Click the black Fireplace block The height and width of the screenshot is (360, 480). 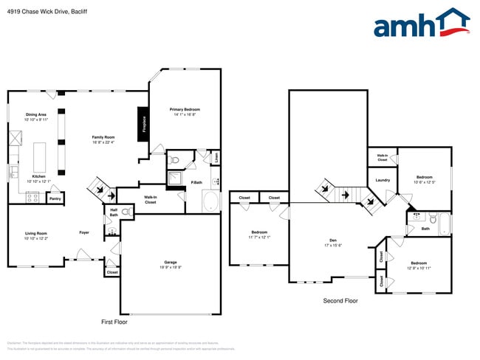pyautogui.click(x=141, y=123)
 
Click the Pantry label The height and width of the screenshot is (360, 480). pyautogui.click(x=55, y=198)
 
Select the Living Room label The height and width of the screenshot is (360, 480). pyautogui.click(x=35, y=235)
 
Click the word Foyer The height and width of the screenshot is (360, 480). pyautogui.click(x=85, y=232)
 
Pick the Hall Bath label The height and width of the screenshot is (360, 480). pyautogui.click(x=114, y=212)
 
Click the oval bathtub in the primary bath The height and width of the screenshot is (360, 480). pyautogui.click(x=210, y=201)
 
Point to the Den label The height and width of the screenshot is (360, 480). pyautogui.click(x=334, y=243)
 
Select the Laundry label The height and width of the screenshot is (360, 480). pyautogui.click(x=383, y=180)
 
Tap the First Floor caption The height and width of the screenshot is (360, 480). pyautogui.click(x=114, y=322)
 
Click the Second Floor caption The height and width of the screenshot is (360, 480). pyautogui.click(x=340, y=301)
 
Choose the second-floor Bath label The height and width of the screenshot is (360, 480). pyautogui.click(x=425, y=229)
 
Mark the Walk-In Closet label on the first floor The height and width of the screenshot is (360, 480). pyautogui.click(x=150, y=200)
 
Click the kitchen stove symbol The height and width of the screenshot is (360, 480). pyautogui.click(x=32, y=197)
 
